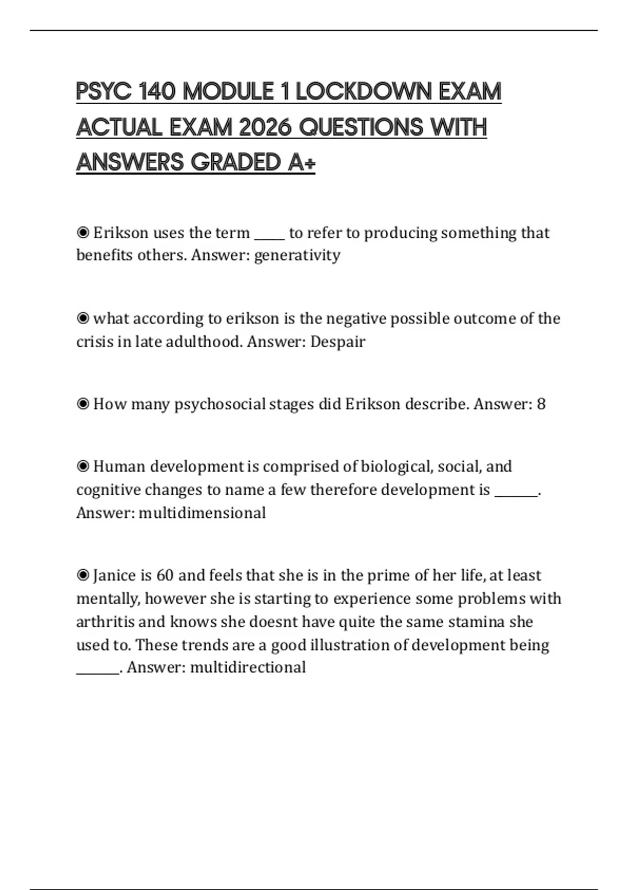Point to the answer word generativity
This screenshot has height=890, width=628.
(x=297, y=255)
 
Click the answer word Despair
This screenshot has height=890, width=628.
(x=338, y=342)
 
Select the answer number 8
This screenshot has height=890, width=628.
(x=541, y=404)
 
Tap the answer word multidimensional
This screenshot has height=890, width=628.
(x=202, y=513)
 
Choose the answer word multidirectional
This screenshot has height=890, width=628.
(x=248, y=667)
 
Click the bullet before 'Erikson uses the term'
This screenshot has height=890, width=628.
(x=83, y=232)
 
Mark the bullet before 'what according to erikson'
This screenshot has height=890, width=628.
(x=83, y=318)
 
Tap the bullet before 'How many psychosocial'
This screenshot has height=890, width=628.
(x=83, y=404)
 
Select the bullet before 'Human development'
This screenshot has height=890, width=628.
(x=83, y=466)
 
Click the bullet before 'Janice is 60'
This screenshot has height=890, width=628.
(x=83, y=575)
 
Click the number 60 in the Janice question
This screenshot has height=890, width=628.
(x=165, y=575)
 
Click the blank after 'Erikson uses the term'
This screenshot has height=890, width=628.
(x=270, y=235)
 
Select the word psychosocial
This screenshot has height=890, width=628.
(x=220, y=404)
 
